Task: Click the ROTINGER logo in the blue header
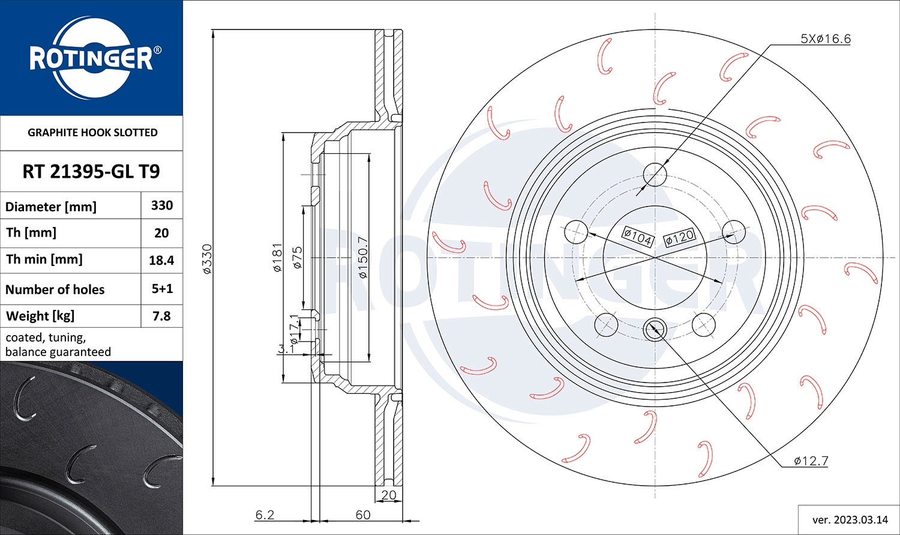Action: point(91,58)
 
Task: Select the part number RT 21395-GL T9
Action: point(91,172)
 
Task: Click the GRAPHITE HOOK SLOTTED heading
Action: point(92,133)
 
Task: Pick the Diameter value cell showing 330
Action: point(162,205)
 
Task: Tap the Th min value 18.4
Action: point(161,260)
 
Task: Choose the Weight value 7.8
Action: point(161,316)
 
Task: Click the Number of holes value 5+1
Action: point(162,289)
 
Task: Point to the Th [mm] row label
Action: point(31,232)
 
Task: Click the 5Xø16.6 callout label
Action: point(826,39)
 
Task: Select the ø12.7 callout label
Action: point(811,461)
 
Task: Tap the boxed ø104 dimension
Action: point(637,237)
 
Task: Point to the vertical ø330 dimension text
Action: point(207,259)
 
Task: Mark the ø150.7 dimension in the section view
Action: point(362,258)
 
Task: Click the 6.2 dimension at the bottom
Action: point(265,515)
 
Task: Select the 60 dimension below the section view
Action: point(362,515)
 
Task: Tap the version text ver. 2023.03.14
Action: point(848,519)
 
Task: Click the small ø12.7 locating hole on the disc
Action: point(654,328)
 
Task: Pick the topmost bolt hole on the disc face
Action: point(655,175)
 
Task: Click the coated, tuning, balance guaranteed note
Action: point(58,345)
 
